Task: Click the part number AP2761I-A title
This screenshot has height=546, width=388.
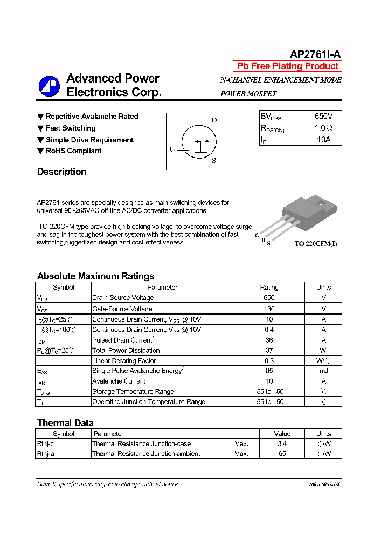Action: pyautogui.click(x=315, y=54)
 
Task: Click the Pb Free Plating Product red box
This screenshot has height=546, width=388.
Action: pyautogui.click(x=288, y=66)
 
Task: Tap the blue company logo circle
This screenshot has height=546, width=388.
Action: pyautogui.click(x=49, y=87)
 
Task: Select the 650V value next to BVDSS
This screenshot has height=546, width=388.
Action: pyautogui.click(x=323, y=117)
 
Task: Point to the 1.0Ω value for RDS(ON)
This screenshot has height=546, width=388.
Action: pyautogui.click(x=323, y=128)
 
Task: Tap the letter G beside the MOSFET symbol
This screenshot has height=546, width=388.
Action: pyautogui.click(x=172, y=149)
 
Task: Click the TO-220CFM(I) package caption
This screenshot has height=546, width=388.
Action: pyautogui.click(x=316, y=244)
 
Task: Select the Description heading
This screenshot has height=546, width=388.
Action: pyautogui.click(x=61, y=172)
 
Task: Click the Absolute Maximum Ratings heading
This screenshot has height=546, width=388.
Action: pyautogui.click(x=95, y=276)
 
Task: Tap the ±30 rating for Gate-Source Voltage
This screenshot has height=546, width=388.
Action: pyautogui.click(x=269, y=309)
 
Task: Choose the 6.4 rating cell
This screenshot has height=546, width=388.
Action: pyautogui.click(x=269, y=330)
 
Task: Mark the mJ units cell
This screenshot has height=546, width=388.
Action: pyautogui.click(x=323, y=371)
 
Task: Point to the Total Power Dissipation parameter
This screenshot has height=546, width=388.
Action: pyautogui.click(x=126, y=351)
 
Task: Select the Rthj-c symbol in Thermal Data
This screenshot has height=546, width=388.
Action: pyautogui.click(x=45, y=444)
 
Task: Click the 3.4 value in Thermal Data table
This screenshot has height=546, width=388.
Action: pyautogui.click(x=282, y=444)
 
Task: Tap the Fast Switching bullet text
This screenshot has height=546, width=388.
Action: pyautogui.click(x=71, y=128)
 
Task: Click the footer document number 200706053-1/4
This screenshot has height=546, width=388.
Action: pyautogui.click(x=324, y=484)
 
